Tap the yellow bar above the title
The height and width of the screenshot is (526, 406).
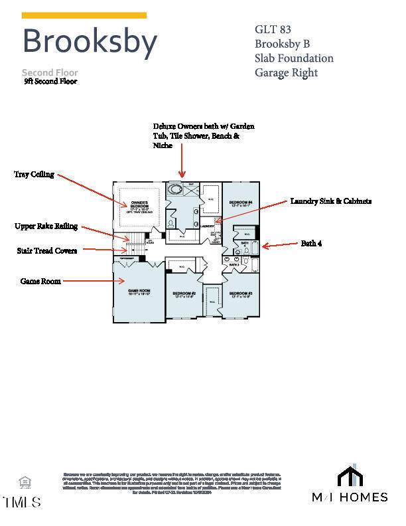[x=84, y=15]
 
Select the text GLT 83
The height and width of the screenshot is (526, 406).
[x=273, y=29]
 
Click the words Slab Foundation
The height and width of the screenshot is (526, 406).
[x=294, y=58]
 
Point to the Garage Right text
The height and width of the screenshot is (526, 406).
[x=286, y=72]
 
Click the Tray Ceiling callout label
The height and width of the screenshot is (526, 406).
[x=34, y=175]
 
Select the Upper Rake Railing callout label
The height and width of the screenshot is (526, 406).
[x=46, y=226]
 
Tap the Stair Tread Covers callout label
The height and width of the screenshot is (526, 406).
[x=46, y=251]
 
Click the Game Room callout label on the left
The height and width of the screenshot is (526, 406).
[x=40, y=282]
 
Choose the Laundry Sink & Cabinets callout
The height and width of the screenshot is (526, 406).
[x=330, y=201]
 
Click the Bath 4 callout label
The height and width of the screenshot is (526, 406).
[x=311, y=244]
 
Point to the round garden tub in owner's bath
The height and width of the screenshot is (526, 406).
[x=175, y=190]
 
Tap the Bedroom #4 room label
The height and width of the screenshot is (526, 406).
[x=241, y=204]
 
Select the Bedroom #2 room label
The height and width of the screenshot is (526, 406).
[x=184, y=294]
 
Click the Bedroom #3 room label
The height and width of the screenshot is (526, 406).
[x=241, y=294]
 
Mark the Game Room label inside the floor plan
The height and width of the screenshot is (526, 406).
[x=139, y=292]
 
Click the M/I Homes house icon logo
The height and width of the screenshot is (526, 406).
[x=350, y=476]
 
